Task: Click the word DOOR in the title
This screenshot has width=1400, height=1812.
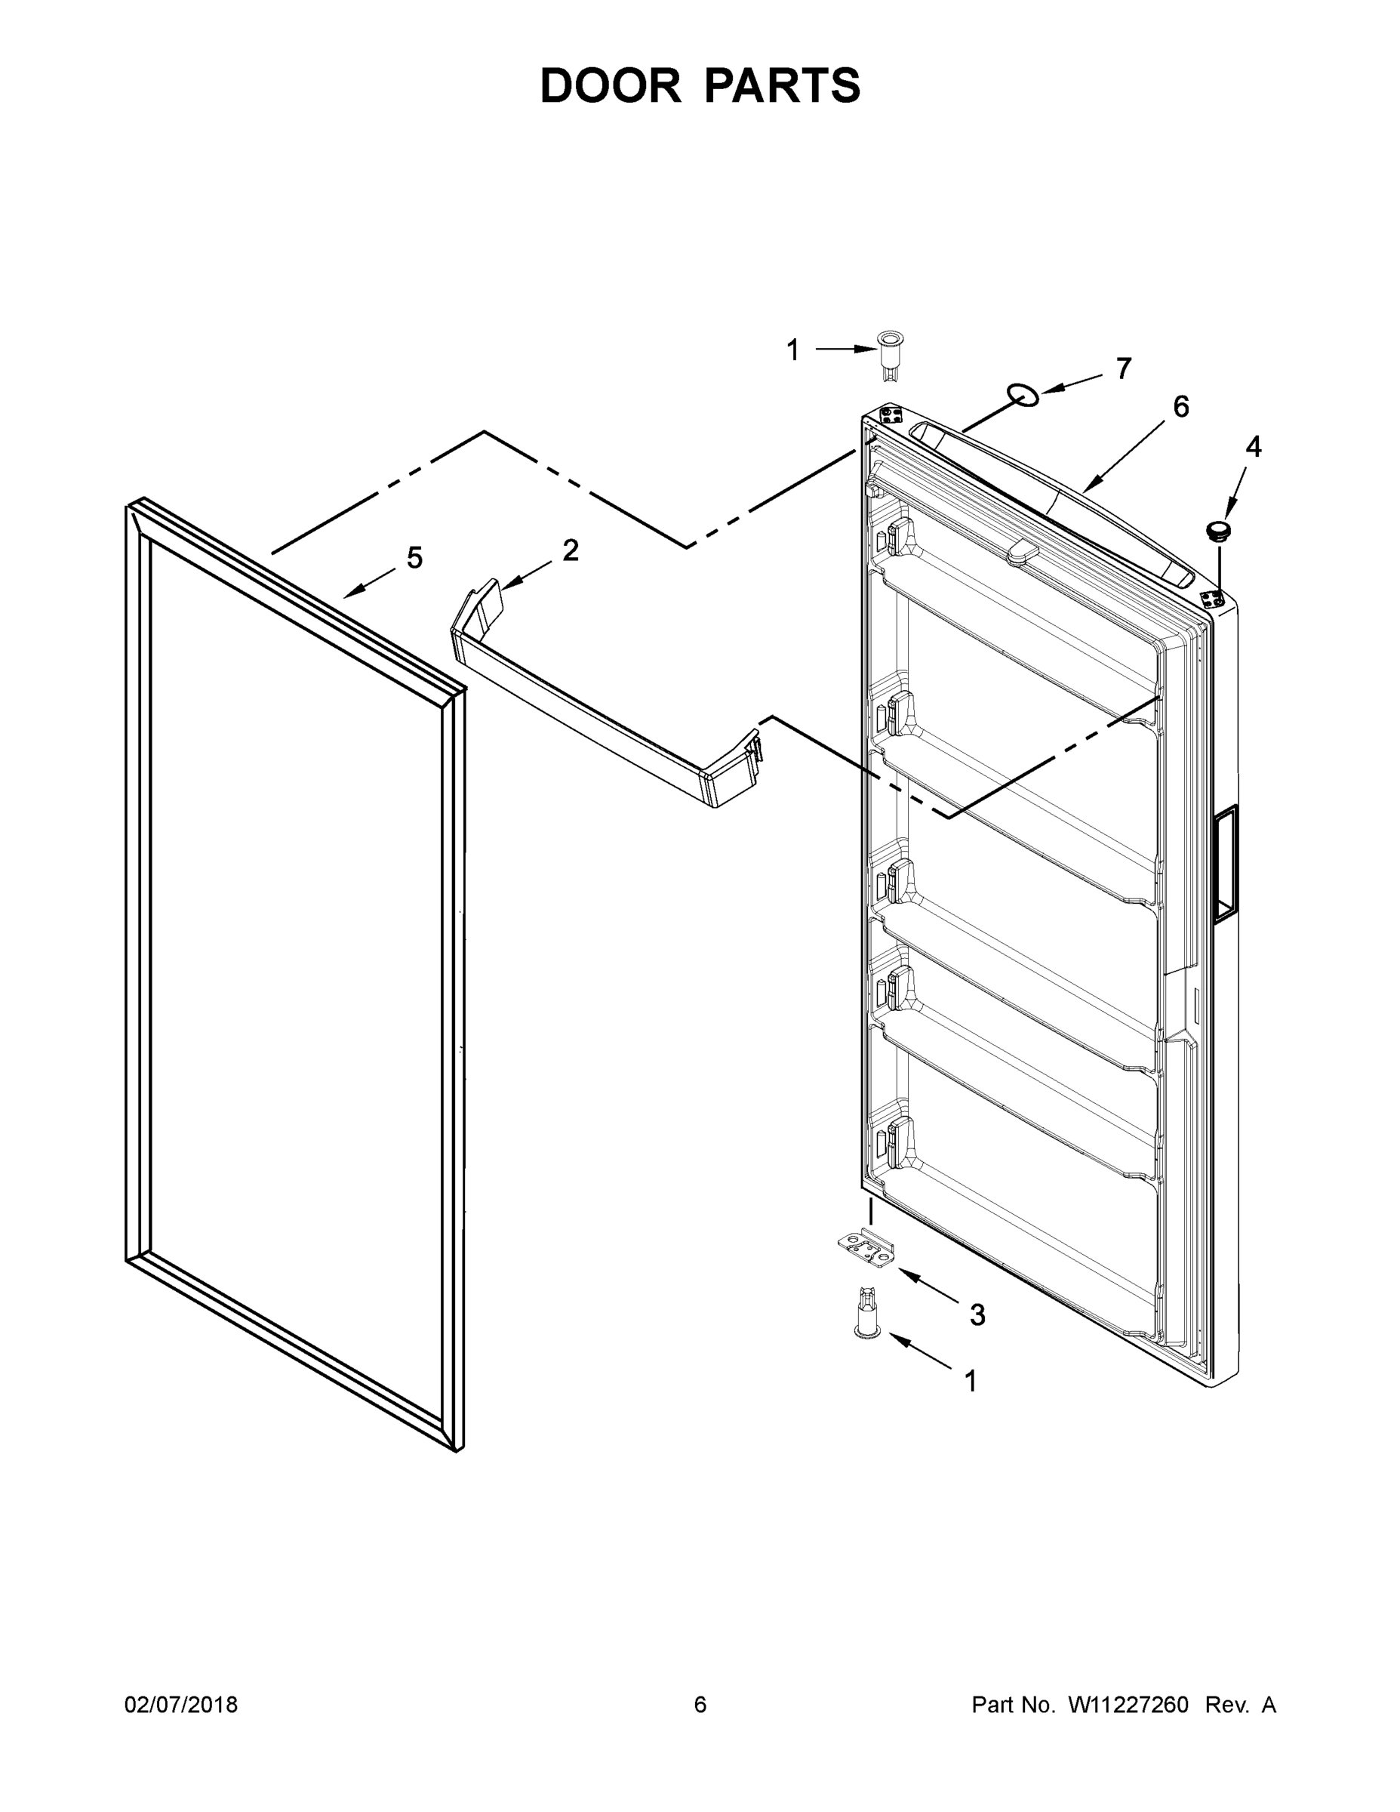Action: click(x=611, y=85)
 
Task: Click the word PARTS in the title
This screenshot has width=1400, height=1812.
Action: click(x=783, y=85)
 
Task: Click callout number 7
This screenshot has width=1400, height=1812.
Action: click(x=1124, y=368)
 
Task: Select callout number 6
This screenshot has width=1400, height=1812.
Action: click(x=1180, y=406)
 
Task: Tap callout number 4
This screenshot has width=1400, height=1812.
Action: click(x=1253, y=447)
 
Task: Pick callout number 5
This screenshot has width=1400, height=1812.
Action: click(x=414, y=557)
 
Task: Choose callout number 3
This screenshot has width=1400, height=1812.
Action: click(x=978, y=1314)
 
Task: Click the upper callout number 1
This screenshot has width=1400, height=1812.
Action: click(x=793, y=350)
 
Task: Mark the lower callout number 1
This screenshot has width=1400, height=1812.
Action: click(x=971, y=1382)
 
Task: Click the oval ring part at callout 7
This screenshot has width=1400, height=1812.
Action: click(x=1023, y=396)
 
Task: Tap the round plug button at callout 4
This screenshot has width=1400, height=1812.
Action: click(x=1217, y=530)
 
